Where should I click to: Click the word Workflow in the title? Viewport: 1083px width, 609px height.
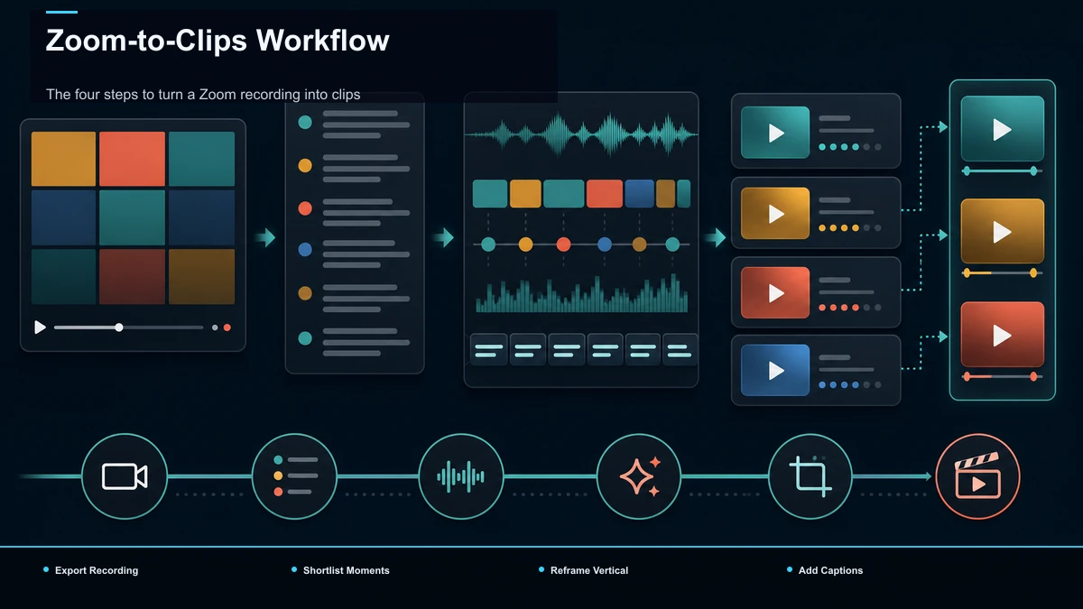pyautogui.click(x=322, y=40)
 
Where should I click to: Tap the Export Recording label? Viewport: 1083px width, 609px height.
pyautogui.click(x=97, y=570)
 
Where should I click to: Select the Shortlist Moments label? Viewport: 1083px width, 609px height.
pyautogui.click(x=347, y=570)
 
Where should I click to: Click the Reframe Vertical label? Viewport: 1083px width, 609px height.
pyautogui.click(x=589, y=570)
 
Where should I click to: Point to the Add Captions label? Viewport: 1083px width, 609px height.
pyautogui.click(x=830, y=570)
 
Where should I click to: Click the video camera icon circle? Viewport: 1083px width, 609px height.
pyautogui.click(x=125, y=476)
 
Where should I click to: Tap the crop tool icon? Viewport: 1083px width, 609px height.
pyautogui.click(x=810, y=476)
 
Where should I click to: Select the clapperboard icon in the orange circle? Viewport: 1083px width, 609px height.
pyautogui.click(x=977, y=475)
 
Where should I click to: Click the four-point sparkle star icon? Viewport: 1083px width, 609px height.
pyautogui.click(x=637, y=476)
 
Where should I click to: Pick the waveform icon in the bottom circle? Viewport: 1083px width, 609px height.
pyautogui.click(x=461, y=476)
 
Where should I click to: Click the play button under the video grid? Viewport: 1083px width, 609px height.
pyautogui.click(x=40, y=328)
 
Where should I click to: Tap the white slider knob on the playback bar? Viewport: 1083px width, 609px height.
pyautogui.click(x=119, y=328)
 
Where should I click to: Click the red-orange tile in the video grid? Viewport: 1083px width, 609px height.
pyautogui.click(x=132, y=159)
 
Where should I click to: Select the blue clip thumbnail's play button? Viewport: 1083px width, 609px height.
pyautogui.click(x=776, y=371)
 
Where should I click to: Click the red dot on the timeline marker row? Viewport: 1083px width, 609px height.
pyautogui.click(x=563, y=245)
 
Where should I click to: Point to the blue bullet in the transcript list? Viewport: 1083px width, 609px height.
pyautogui.click(x=305, y=249)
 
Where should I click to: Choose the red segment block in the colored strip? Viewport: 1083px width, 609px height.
pyautogui.click(x=605, y=193)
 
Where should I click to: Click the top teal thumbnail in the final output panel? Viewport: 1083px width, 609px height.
pyautogui.click(x=1003, y=128)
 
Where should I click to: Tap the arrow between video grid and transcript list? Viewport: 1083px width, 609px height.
pyautogui.click(x=265, y=237)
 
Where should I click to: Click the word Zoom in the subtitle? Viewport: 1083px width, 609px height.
pyautogui.click(x=218, y=94)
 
